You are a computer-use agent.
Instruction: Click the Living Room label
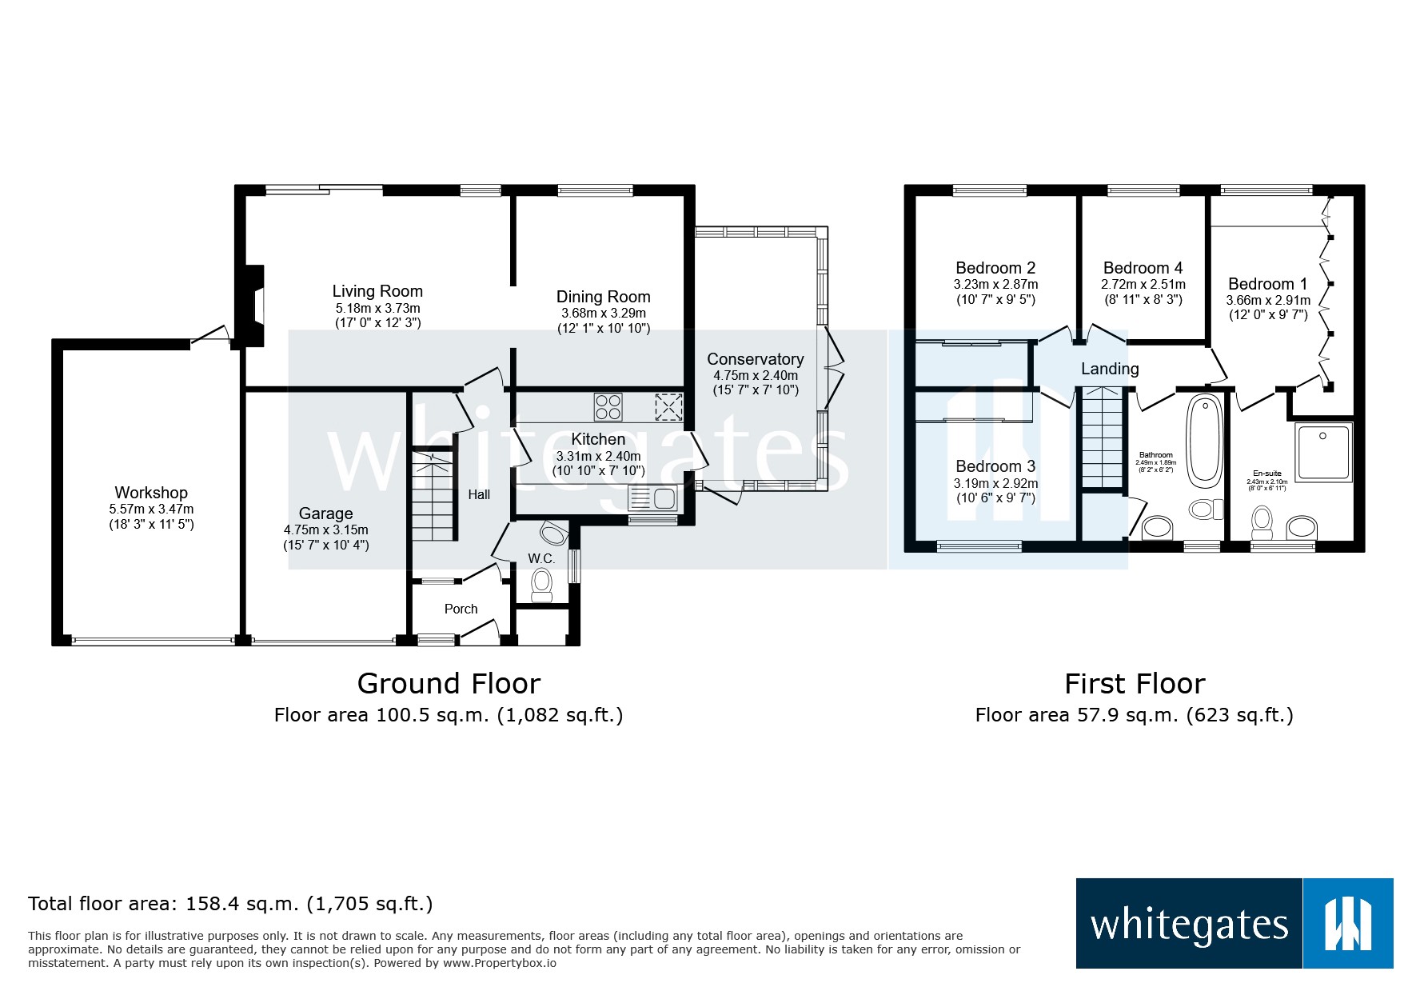tap(377, 291)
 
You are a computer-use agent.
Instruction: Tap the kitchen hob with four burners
tap(608, 407)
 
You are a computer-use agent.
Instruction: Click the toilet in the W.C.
tap(542, 583)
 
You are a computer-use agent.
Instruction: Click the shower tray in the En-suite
tap(1323, 452)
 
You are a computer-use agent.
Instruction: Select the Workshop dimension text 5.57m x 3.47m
tap(151, 509)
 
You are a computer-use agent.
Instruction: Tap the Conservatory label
tap(755, 359)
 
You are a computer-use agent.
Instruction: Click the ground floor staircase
tap(433, 496)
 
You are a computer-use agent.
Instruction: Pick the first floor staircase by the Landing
tap(1103, 437)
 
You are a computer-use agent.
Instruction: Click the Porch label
tap(461, 609)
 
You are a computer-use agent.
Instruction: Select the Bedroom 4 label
tap(1143, 268)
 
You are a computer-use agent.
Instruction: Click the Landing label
tap(1110, 369)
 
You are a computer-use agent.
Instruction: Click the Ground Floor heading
tap(449, 684)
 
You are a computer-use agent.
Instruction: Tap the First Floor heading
tap(1134, 684)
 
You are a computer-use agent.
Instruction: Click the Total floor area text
tap(230, 904)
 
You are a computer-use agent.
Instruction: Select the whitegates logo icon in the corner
tap(1348, 924)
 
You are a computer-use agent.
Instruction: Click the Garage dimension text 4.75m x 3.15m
tap(325, 529)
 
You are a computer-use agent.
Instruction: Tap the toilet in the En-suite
tap(1262, 522)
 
